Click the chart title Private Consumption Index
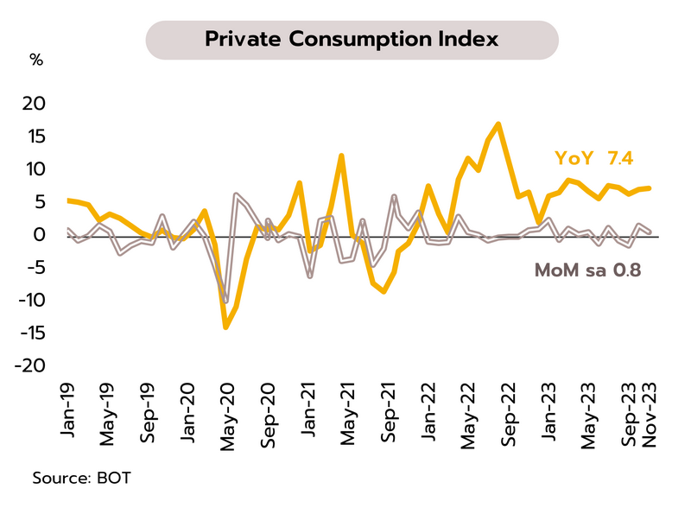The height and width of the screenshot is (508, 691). tap(351, 40)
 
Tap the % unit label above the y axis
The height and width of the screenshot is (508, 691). tap(36, 60)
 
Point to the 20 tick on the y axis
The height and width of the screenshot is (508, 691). tap(32, 103)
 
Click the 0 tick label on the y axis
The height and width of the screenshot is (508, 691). tap(39, 234)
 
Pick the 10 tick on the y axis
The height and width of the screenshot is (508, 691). tap(32, 168)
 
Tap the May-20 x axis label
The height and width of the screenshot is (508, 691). tap(231, 413)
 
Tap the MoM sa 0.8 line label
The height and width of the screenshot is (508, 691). tap(588, 270)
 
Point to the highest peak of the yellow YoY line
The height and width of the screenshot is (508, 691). tap(499, 124)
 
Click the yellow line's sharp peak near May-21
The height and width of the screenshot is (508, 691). tap(342, 156)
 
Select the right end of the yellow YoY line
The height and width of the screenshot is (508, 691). tap(650, 187)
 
